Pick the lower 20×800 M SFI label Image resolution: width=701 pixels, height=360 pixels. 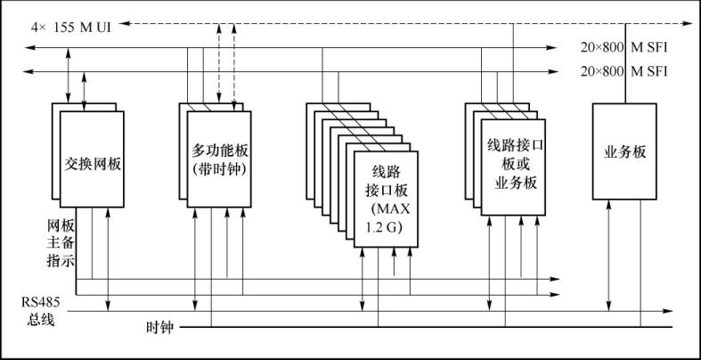(x=624, y=71)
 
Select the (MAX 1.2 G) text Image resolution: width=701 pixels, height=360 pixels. (x=386, y=218)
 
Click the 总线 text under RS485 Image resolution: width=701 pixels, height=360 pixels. (x=41, y=319)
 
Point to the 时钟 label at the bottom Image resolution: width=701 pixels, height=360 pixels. (x=159, y=327)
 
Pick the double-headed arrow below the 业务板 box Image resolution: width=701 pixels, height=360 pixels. (x=608, y=255)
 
